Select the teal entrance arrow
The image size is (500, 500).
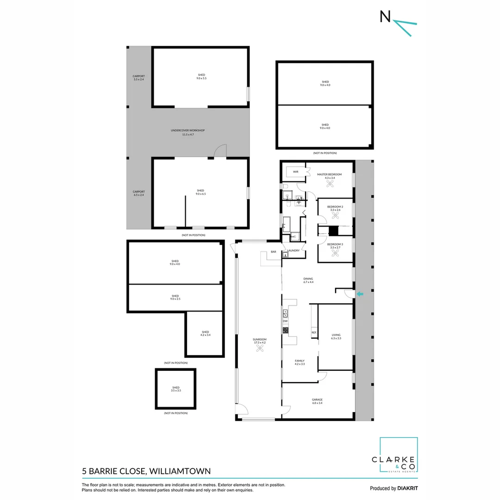pos(360,294)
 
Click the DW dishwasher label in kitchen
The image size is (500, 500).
pos(286,321)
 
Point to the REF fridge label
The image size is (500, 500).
pos(313,332)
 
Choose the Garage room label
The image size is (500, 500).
pos(317,401)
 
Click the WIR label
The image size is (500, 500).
pos(295,172)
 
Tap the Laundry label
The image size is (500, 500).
pos(294,250)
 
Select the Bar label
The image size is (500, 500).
pos(273,252)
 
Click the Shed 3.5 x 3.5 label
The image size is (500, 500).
pos(176,389)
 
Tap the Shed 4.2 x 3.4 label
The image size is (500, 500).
pos(205,333)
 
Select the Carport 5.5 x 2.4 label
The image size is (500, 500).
pos(139,78)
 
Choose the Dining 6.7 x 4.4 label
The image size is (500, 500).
pos(308,280)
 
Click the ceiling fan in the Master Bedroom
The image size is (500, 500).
pos(330,184)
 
